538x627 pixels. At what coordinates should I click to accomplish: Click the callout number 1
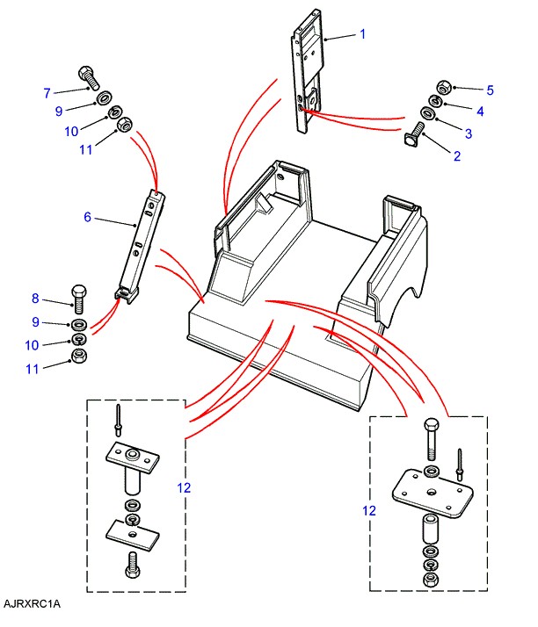click(363, 34)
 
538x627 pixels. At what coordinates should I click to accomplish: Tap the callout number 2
click(457, 156)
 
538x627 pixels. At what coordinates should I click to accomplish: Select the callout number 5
click(490, 90)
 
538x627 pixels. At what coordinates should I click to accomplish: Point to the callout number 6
click(88, 217)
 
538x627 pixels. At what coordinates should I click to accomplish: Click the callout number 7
click(47, 93)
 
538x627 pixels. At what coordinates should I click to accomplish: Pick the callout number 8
click(35, 299)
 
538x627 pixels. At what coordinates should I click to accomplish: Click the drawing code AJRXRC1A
click(32, 603)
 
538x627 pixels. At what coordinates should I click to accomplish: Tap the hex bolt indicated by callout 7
click(89, 77)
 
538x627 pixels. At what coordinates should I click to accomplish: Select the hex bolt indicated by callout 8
click(79, 299)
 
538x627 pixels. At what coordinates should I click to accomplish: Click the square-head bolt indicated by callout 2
click(415, 134)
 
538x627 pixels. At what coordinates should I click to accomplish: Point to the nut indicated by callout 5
click(443, 87)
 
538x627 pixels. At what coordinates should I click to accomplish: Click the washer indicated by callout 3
click(428, 112)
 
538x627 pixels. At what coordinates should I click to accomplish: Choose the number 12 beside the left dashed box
click(184, 488)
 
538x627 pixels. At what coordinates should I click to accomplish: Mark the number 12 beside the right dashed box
click(369, 510)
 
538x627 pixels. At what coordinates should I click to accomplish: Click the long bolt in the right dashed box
click(431, 439)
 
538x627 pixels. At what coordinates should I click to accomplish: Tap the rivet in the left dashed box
click(118, 420)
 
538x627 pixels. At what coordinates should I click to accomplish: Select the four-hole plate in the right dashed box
click(433, 493)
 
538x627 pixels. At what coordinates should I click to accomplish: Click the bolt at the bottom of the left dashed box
click(133, 565)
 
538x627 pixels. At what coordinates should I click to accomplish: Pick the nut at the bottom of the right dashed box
click(431, 578)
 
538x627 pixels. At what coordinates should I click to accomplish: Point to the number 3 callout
click(469, 133)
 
